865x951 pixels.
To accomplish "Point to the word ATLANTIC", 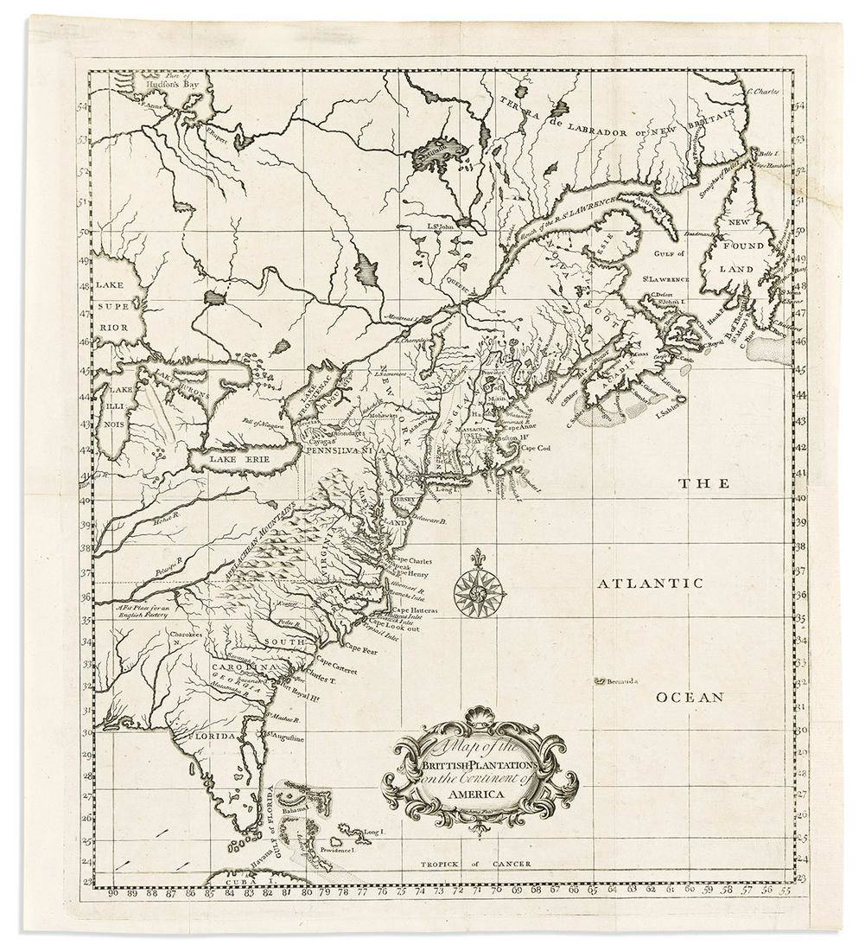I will click(651, 584).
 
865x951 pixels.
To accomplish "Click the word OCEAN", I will click(688, 697).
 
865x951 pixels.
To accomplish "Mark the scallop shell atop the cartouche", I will click(475, 717).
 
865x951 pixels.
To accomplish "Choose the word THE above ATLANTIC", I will click(697, 484).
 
